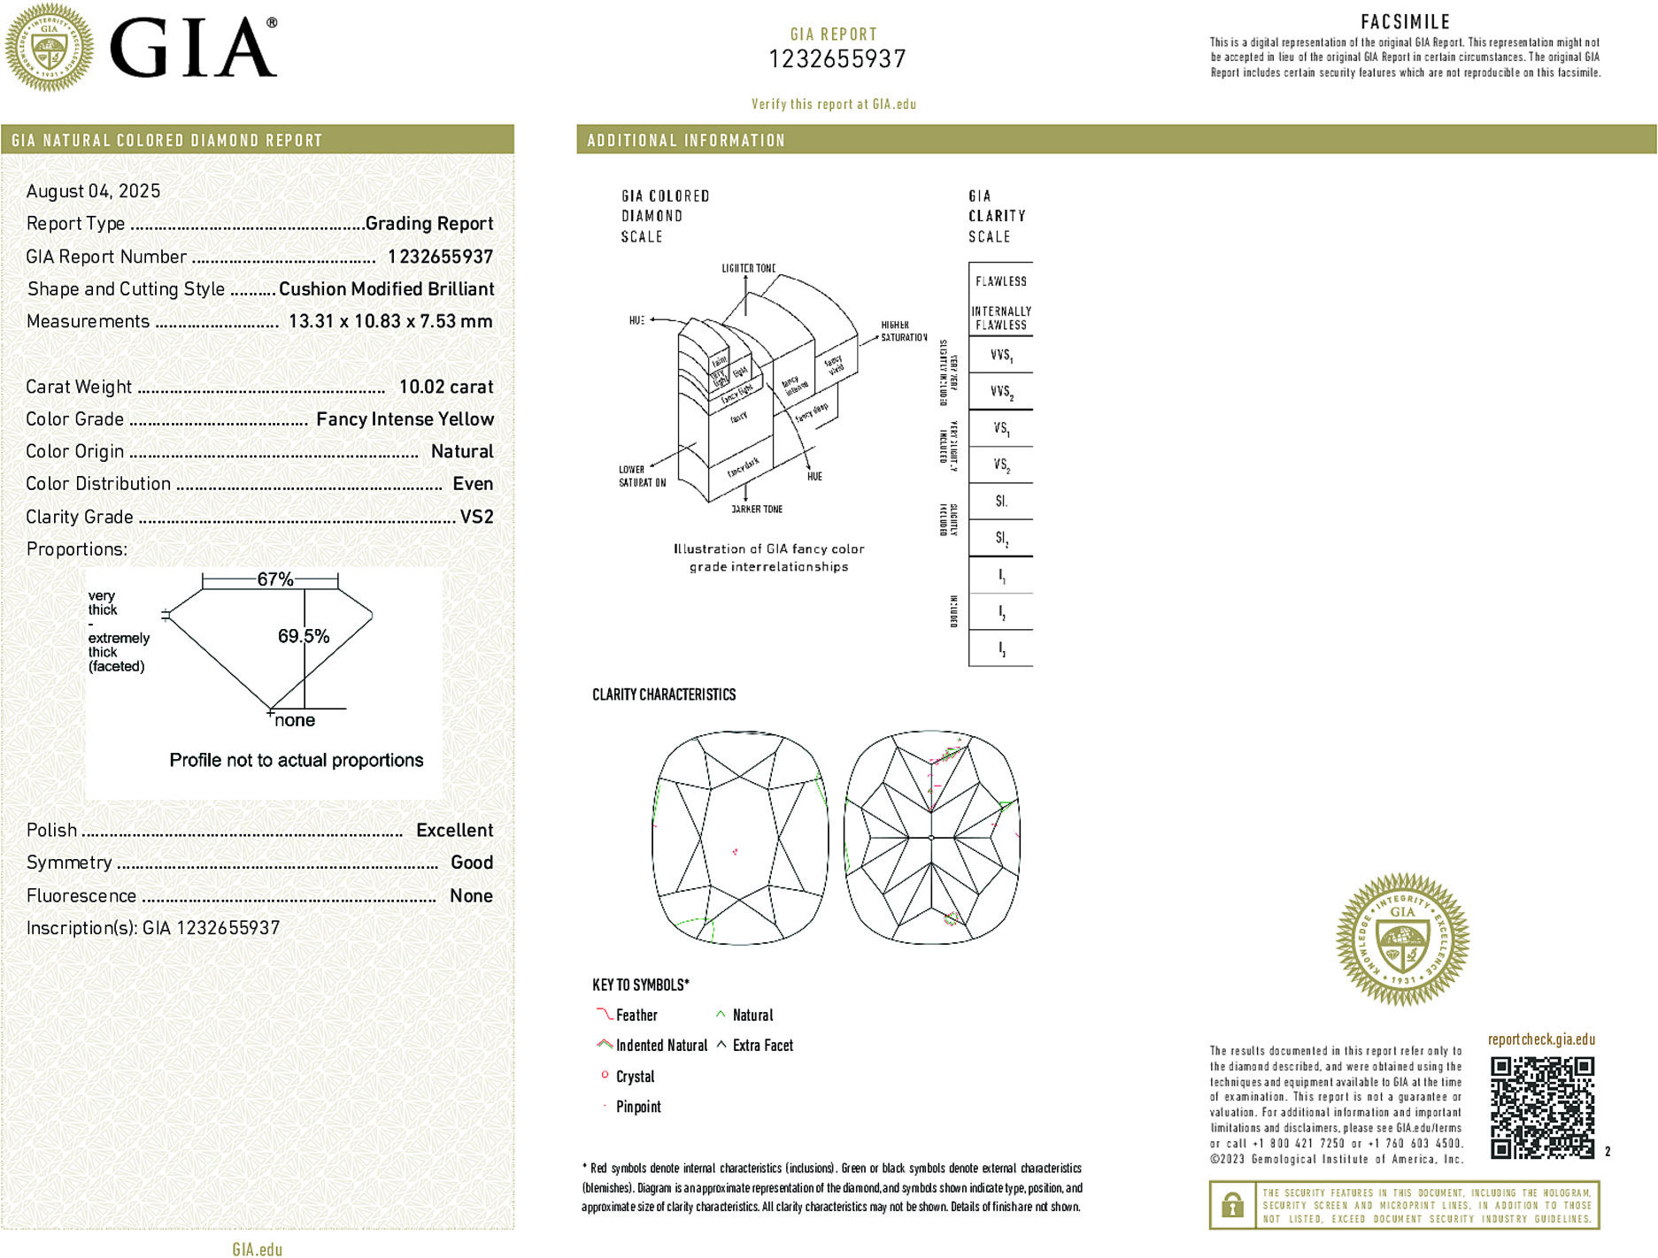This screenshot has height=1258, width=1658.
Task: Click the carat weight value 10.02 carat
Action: coord(445,387)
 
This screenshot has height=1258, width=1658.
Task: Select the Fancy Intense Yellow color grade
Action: coord(405,419)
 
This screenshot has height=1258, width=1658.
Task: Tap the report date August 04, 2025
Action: coord(93,191)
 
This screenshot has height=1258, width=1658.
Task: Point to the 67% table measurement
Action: coord(274,579)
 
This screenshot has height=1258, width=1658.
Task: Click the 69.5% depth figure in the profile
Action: coord(303,636)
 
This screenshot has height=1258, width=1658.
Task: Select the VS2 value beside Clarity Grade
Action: coord(476,517)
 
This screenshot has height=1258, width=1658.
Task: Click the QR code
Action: coord(1541,1107)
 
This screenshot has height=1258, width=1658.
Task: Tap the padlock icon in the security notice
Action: coord(1231,1205)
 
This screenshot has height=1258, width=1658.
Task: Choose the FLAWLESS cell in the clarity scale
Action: coord(1000,281)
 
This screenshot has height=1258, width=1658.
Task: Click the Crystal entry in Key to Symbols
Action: coord(635,1077)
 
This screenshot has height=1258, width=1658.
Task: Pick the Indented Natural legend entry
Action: coord(660,1046)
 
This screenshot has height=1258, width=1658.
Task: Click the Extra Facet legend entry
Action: coord(762,1046)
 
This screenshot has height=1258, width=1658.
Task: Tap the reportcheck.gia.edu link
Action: coord(1541,1039)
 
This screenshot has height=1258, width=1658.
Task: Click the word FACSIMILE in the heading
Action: coord(1405,22)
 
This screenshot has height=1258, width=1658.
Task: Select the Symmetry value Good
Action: coord(471,863)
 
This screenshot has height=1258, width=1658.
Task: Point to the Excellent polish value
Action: coord(454,830)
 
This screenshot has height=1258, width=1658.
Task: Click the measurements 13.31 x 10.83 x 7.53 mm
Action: coord(390,321)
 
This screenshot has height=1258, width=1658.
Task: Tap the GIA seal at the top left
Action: coord(49,47)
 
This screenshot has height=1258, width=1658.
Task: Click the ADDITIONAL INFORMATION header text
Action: coord(686,141)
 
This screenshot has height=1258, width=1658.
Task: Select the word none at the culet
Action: coord(295,720)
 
